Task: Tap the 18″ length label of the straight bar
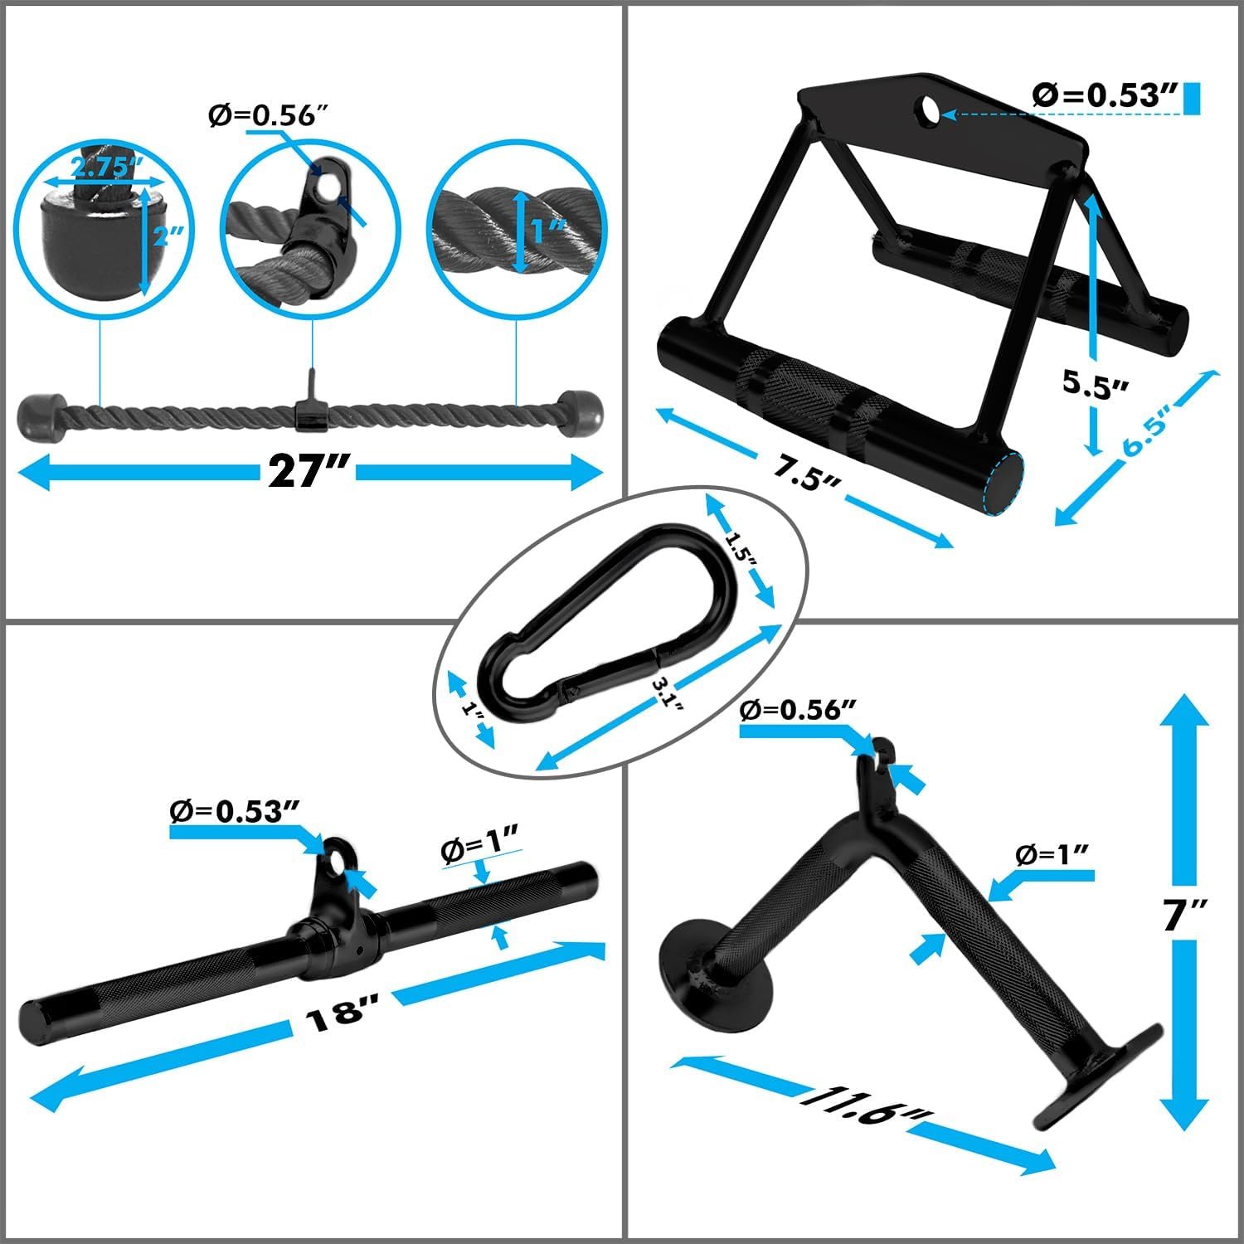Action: [x=341, y=1013]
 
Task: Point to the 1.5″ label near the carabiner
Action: [x=740, y=549]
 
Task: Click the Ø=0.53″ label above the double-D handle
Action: [x=1106, y=97]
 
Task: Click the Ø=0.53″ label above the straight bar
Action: [x=234, y=811]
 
